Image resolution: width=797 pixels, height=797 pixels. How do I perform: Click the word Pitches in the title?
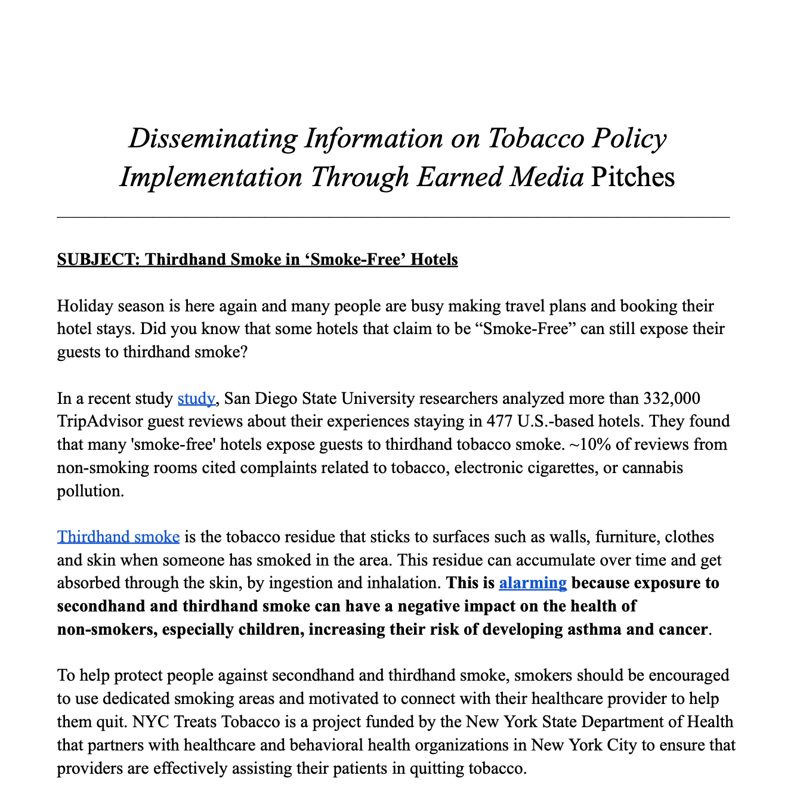click(632, 177)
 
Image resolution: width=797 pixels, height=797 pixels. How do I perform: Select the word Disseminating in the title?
click(212, 138)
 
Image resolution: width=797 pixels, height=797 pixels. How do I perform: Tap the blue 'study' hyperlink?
click(196, 398)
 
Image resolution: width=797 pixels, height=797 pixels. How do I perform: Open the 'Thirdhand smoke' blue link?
click(118, 537)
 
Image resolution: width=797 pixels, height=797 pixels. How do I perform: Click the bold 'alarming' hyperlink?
click(532, 583)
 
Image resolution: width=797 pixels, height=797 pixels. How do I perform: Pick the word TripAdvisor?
click(100, 421)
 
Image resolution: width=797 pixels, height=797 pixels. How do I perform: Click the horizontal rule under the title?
click(393, 217)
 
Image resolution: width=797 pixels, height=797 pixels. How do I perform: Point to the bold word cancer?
click(681, 629)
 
